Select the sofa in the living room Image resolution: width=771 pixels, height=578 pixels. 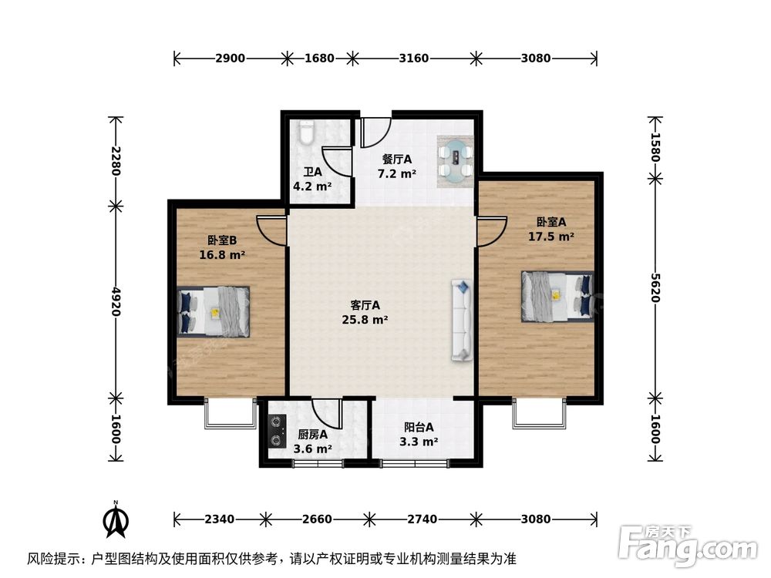click(463, 321)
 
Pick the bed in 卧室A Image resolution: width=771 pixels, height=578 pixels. click(557, 295)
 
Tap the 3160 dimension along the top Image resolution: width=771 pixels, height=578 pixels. click(413, 58)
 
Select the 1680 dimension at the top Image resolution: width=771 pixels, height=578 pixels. click(319, 58)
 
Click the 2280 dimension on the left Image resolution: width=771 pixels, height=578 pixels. click(116, 160)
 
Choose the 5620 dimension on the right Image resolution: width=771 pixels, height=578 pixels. click(655, 287)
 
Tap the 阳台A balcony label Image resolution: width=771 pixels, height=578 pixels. click(419, 427)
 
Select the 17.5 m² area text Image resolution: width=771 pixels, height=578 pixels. click(550, 237)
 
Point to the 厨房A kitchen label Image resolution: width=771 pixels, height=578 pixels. click(312, 434)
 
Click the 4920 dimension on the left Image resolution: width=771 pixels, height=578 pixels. click(116, 301)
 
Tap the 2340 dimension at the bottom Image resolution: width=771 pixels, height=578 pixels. click(219, 519)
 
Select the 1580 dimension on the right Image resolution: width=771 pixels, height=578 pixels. click(655, 146)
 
